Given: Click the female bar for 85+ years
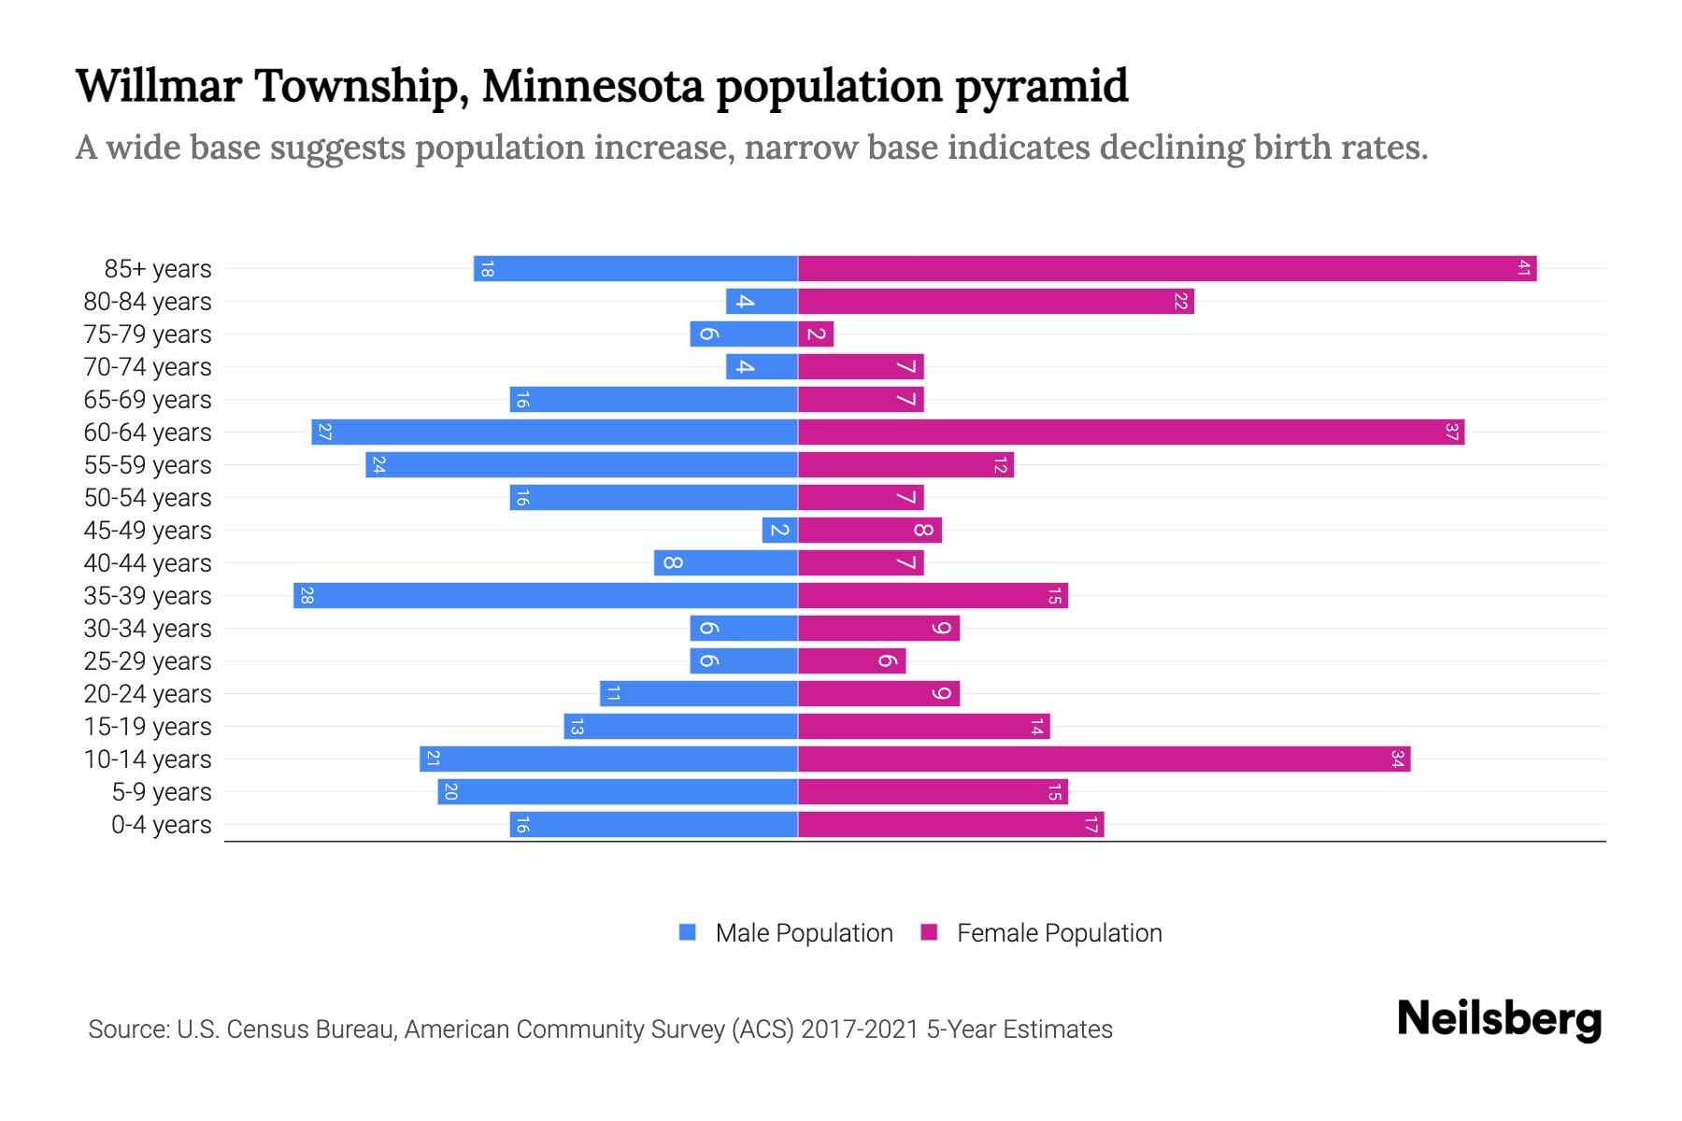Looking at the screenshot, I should pos(1166,269).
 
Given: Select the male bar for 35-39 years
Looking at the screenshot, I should pos(546,596).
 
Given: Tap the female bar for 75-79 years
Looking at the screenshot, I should pos(816,334).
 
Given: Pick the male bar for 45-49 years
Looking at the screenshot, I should pos(779,531).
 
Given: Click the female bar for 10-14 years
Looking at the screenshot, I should pos(1103,759).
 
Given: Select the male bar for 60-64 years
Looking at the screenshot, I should pos(555,433).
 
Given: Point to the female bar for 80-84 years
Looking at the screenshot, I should pos(995,302).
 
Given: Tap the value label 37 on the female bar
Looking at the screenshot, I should pos(1451,433).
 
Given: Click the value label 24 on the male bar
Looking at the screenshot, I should pos(378,465).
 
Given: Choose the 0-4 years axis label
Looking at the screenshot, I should pos(161,825).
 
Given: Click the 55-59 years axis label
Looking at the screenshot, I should pos(148,465).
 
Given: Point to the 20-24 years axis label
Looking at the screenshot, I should pos(148,694).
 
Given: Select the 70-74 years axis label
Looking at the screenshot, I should pos(148,367).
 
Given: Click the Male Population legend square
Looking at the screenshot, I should pos(688,932).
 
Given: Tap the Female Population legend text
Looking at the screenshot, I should pos(1059,933).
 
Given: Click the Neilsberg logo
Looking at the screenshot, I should pos(1499,1019).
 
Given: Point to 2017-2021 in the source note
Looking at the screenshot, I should pos(860,1029).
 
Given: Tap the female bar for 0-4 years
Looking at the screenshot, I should pos(950,825).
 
